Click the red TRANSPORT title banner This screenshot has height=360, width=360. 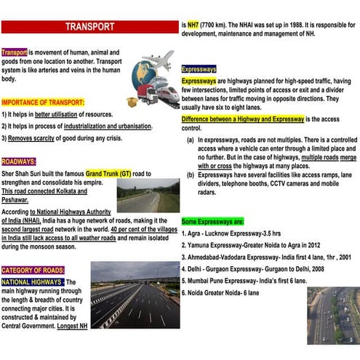click(89, 27)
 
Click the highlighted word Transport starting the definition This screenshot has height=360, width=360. click(15, 53)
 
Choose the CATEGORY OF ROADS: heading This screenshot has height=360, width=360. click(33, 270)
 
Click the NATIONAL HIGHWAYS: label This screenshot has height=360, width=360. click(33, 281)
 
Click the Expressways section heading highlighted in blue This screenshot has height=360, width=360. click(198, 69)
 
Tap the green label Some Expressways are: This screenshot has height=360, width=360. click(212, 220)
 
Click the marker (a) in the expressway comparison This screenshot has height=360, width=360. click(190, 138)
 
